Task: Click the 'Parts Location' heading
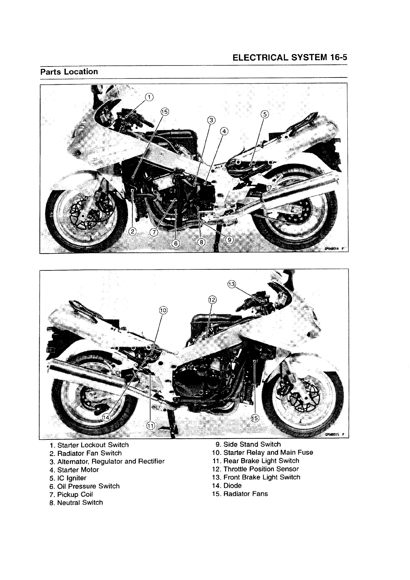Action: [69, 72]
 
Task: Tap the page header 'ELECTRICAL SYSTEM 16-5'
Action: [289, 58]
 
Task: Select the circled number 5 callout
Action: [264, 114]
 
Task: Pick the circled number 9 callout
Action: [229, 240]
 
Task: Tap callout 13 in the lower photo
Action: [232, 284]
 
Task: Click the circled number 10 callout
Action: [163, 310]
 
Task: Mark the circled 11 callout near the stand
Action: [151, 426]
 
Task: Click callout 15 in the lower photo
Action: [255, 418]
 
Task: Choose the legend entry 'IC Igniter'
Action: [72, 478]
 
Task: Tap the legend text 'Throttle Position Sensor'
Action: [261, 469]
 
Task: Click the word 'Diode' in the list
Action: [233, 486]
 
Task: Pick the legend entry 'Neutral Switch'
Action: [80, 503]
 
